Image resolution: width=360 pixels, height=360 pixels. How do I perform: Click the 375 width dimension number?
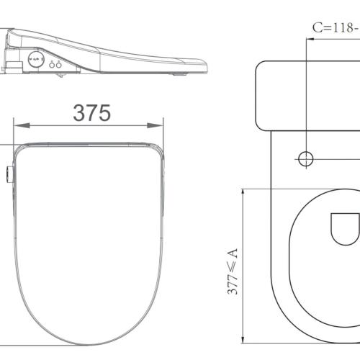click(x=91, y=112)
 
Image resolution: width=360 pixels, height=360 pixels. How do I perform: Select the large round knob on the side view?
click(x=34, y=60)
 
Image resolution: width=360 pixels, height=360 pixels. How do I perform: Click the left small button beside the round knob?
click(x=53, y=65)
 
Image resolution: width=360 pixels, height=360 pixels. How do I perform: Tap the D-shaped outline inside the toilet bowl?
click(x=343, y=229)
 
